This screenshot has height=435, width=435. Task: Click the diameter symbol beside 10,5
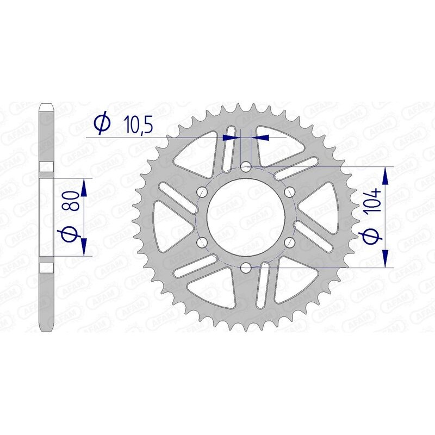[x=102, y=124]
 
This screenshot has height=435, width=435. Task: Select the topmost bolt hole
[x=246, y=166]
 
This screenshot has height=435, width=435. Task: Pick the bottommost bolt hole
[x=246, y=267]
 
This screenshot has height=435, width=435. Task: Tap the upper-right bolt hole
[x=289, y=191]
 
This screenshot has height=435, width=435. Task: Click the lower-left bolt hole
[x=202, y=242]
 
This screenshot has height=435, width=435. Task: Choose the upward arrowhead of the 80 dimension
[x=84, y=188]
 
